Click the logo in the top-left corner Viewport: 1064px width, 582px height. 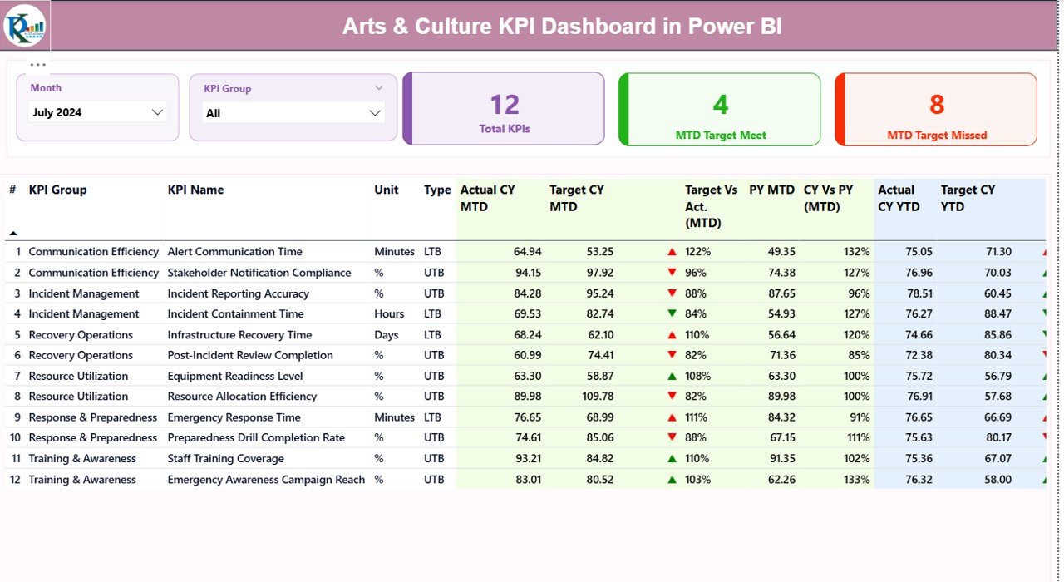click(25, 25)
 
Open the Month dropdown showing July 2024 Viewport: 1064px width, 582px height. click(98, 112)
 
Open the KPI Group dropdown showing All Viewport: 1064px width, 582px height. click(293, 113)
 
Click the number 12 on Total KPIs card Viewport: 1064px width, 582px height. click(505, 105)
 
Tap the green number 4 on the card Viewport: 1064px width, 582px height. click(720, 105)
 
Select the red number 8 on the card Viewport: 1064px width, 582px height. click(937, 105)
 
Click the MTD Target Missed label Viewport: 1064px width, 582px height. click(937, 135)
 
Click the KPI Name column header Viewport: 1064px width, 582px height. click(195, 190)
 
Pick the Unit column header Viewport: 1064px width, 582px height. click(387, 190)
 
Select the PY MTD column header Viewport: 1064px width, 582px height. click(771, 190)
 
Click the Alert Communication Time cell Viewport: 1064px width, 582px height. click(234, 252)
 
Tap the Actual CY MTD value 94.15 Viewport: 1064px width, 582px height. click(528, 273)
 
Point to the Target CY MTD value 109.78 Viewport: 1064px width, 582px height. click(596, 397)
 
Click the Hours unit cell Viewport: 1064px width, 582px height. click(389, 314)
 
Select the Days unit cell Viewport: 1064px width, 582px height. click(387, 335)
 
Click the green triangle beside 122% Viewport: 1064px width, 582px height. click(672, 252)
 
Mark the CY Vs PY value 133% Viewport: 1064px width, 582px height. click(856, 480)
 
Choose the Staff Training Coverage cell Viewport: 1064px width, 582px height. click(225, 459)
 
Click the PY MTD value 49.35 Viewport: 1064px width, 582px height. click(781, 252)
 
